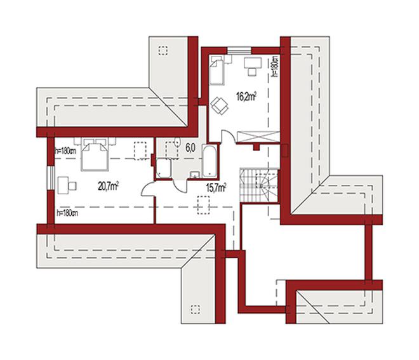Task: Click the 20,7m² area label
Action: [x=108, y=186]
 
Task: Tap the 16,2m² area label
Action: [x=246, y=97]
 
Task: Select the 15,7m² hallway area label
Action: [x=216, y=187]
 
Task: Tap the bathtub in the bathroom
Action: [x=209, y=161]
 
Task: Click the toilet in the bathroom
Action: [x=177, y=142]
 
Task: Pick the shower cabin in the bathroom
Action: [x=164, y=168]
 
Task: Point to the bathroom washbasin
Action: [x=195, y=175]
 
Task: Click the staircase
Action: [x=259, y=185]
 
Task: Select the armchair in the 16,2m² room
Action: [x=220, y=106]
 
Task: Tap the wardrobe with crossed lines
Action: [x=258, y=137]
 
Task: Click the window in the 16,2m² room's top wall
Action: [x=239, y=51]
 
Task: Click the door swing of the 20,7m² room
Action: [x=148, y=189]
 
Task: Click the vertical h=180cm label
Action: [x=275, y=66]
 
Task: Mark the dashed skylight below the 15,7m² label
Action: [x=203, y=205]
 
